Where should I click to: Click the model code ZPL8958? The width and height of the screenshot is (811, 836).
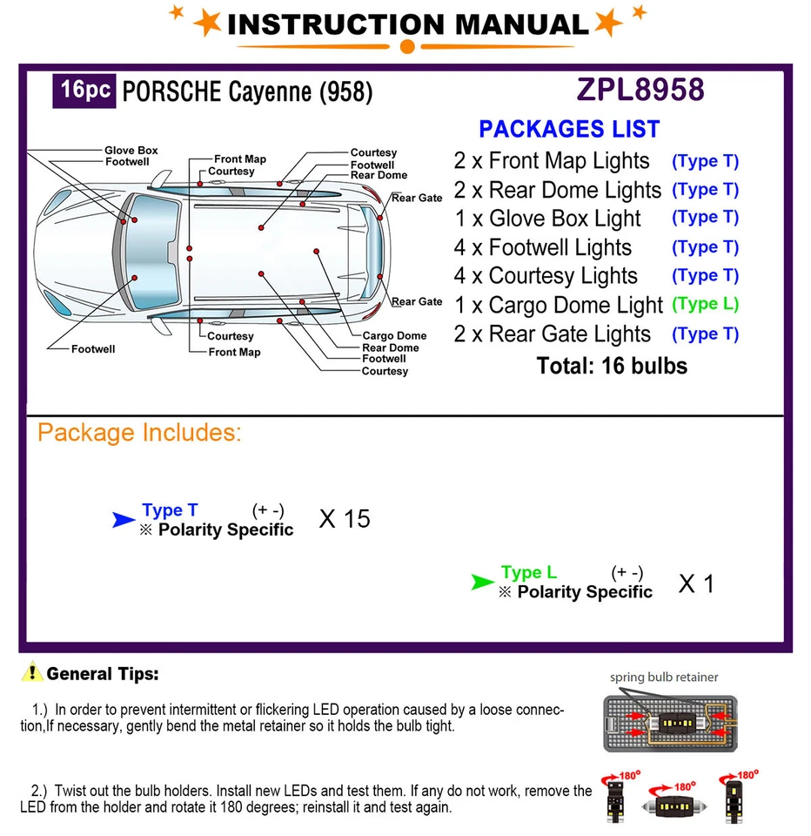click(640, 90)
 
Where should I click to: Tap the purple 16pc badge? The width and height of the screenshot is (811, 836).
click(84, 91)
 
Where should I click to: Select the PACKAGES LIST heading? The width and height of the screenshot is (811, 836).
click(569, 129)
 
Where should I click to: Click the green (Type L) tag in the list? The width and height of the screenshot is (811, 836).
click(705, 304)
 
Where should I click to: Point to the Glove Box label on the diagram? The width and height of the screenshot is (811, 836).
click(131, 151)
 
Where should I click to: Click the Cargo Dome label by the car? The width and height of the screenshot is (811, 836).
click(394, 335)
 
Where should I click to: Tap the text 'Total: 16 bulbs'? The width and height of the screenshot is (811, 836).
click(612, 366)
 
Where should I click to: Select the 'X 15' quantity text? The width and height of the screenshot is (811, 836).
click(345, 519)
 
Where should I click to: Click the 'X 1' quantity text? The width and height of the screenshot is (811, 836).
click(695, 583)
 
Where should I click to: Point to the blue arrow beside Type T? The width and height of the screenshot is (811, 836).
click(124, 520)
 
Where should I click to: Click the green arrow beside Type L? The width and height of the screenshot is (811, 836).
click(482, 582)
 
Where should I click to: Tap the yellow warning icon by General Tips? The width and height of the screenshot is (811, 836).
click(33, 672)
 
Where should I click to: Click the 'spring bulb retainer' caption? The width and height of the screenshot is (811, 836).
click(664, 677)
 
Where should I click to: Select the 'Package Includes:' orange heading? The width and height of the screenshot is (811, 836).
click(139, 433)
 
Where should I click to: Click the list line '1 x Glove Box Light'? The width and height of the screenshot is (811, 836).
click(547, 219)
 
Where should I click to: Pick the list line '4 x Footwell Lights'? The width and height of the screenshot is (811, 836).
click(543, 247)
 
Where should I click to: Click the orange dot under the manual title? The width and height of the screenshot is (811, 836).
click(406, 46)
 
